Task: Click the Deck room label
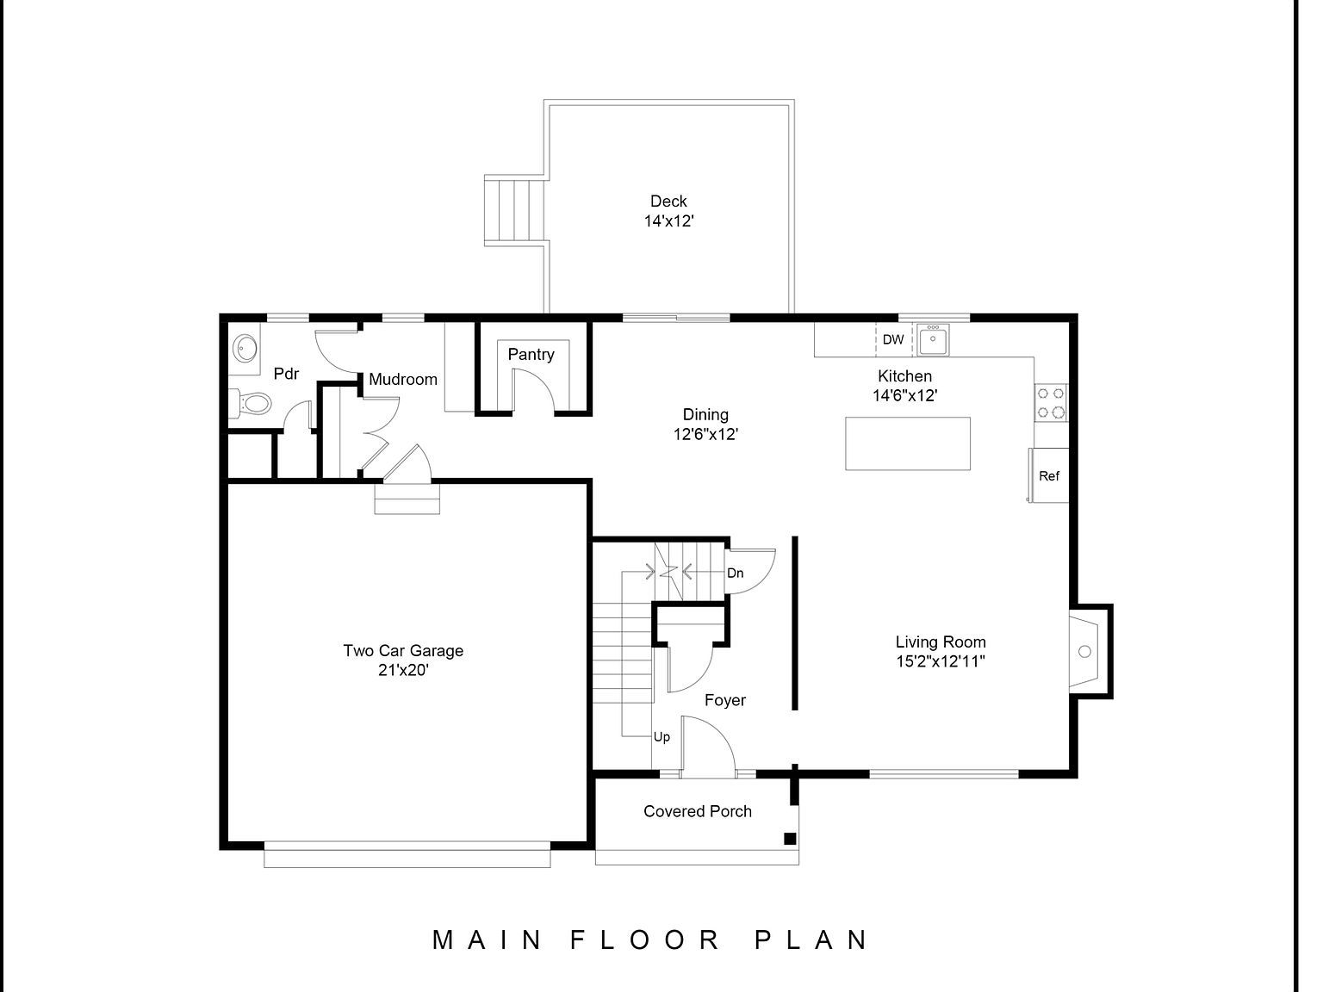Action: tap(668, 201)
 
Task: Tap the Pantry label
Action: tap(531, 354)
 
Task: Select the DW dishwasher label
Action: tap(893, 339)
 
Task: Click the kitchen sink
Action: tap(932, 340)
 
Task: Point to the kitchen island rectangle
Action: tap(907, 443)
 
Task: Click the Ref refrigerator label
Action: tap(1049, 476)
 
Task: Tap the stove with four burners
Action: tap(1051, 402)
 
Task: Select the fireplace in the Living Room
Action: tap(1087, 651)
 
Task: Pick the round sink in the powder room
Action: tap(245, 349)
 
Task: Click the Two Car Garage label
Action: tap(403, 651)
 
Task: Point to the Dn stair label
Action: tap(735, 573)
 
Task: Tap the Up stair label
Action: tap(661, 737)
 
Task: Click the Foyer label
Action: tap(724, 700)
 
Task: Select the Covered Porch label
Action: tap(698, 811)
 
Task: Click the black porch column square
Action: tap(789, 839)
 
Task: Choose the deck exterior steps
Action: tap(515, 211)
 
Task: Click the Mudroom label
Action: tap(403, 379)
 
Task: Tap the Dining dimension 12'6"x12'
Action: tap(705, 435)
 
